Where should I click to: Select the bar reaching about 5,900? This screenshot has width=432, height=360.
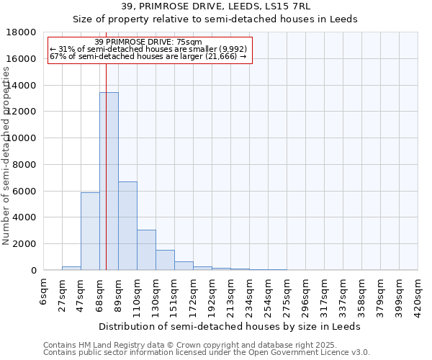pyautogui.click(x=90, y=231)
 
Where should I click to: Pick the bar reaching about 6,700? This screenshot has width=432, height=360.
pyautogui.click(x=127, y=225)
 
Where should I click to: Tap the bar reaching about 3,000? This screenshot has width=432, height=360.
pyautogui.click(x=146, y=250)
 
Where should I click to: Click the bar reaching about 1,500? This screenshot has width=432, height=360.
pyautogui.click(x=165, y=260)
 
